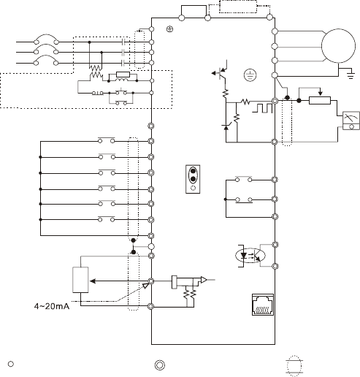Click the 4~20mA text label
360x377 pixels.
[x=52, y=306]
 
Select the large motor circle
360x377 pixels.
[x=338, y=46]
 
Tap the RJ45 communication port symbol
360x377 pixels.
[x=263, y=305]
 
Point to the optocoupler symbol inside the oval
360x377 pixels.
[x=250, y=256]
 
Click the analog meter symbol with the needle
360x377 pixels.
[x=351, y=121]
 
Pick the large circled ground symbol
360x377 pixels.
[x=250, y=75]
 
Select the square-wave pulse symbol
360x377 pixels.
[x=262, y=108]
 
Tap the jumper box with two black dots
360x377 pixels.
[x=193, y=179]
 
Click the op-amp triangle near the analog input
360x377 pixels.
[x=204, y=280]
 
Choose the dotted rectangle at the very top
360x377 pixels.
[x=238, y=7]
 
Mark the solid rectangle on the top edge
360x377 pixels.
[x=194, y=11]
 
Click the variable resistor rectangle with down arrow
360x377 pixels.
[x=320, y=100]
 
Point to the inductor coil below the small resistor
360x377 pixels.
[x=122, y=80]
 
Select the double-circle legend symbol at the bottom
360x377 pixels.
[x=160, y=365]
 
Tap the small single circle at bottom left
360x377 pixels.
[x=11, y=364]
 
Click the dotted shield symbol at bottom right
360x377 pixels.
[x=294, y=366]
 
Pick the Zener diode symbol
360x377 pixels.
[x=226, y=127]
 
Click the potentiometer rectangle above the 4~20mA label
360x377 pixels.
[x=80, y=280]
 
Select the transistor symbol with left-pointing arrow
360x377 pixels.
[x=221, y=72]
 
